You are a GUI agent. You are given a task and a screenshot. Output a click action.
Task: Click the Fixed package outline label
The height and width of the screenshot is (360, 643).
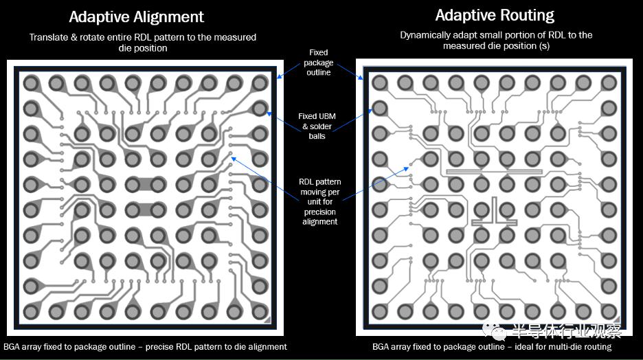pos(319,63)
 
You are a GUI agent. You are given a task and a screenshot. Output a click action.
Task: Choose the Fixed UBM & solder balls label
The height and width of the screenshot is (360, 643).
pos(317,126)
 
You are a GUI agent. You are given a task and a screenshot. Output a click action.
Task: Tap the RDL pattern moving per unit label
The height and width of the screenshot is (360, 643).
pos(320,202)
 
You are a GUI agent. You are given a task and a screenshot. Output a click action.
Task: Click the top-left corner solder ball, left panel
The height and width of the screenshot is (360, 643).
pos(31,83)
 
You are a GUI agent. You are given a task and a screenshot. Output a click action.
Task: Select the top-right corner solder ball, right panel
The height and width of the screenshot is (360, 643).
pos(609,83)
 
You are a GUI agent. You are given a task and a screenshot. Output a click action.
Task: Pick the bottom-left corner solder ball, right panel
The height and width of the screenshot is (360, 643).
pos(380,311)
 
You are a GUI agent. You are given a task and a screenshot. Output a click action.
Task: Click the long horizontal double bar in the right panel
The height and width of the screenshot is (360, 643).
pos(494,172)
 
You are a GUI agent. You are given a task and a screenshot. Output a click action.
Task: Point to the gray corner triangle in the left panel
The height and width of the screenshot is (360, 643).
pos(268,319)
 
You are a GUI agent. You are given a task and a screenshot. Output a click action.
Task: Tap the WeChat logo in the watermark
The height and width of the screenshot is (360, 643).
pos(495,331)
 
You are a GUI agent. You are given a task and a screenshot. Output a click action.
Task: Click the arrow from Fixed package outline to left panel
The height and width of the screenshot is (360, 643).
pos(289,71)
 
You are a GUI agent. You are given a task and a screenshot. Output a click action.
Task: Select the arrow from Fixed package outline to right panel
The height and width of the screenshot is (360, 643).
pos(350,71)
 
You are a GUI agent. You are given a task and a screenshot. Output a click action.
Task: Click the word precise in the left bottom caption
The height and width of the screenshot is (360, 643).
pos(159,347)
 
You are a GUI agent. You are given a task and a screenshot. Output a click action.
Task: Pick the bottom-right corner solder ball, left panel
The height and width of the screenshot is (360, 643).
pos(260,312)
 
